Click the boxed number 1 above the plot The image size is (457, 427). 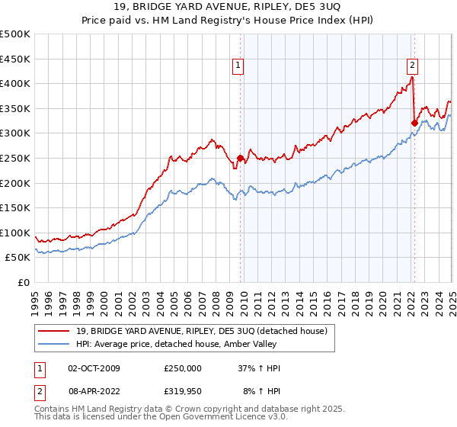pos(239,66)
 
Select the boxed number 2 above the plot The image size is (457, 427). pos(412,66)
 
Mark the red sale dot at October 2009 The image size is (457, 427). pos(240,159)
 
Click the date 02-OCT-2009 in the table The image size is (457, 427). pos(94,368)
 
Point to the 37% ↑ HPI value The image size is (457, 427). pos(259,368)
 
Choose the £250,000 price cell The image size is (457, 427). pos(183,368)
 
